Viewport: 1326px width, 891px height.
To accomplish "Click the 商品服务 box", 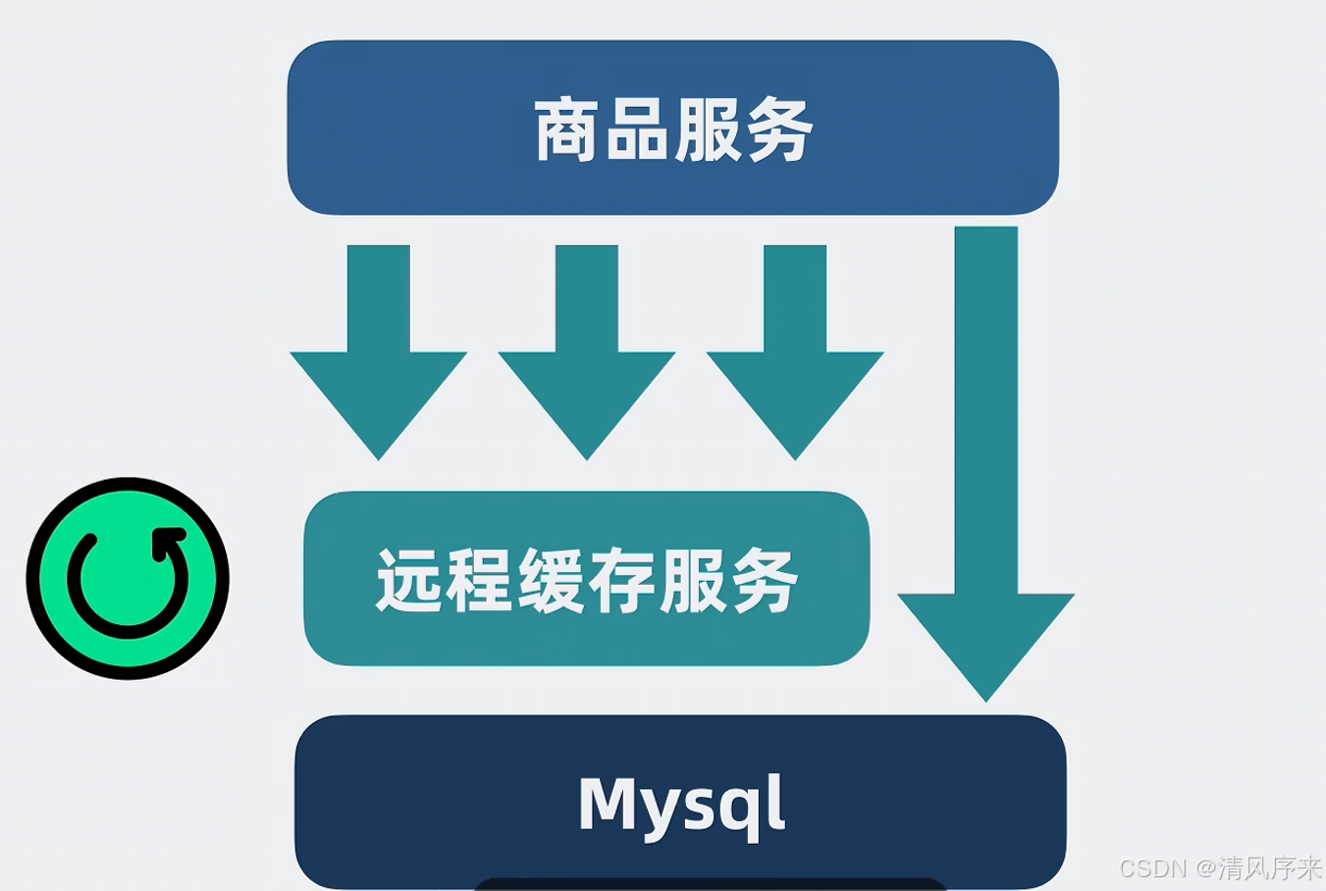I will click(x=672, y=128).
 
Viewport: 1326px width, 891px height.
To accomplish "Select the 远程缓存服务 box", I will click(x=586, y=579).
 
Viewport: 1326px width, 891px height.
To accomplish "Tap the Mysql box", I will click(x=680, y=803).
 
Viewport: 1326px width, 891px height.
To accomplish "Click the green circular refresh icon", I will click(x=128, y=579).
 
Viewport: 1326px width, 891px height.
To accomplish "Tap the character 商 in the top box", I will click(x=567, y=130).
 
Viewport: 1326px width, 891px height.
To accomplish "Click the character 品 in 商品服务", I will click(x=637, y=130).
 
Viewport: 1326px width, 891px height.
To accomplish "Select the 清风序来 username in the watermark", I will click(x=1270, y=868).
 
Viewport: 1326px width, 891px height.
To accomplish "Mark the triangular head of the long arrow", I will click(x=986, y=643).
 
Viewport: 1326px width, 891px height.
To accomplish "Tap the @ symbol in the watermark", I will click(x=1205, y=868).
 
